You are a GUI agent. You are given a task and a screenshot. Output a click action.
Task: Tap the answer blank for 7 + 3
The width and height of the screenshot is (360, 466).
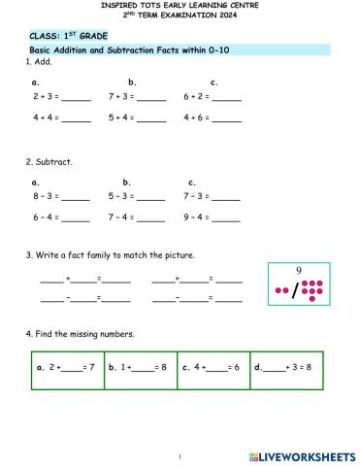[151, 98]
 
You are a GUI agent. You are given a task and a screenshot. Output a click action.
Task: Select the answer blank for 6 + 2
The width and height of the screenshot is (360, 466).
[226, 98]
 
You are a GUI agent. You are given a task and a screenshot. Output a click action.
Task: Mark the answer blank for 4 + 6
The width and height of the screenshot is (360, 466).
[226, 118]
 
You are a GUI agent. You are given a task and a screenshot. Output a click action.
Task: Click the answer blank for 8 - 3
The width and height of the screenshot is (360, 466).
[76, 197]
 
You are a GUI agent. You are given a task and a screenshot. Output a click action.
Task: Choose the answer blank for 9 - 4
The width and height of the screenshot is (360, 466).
[225, 217]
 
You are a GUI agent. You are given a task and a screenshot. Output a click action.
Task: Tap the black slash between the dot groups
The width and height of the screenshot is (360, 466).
[295, 290]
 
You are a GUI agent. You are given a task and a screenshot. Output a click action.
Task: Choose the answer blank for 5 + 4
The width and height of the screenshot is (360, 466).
[151, 118]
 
